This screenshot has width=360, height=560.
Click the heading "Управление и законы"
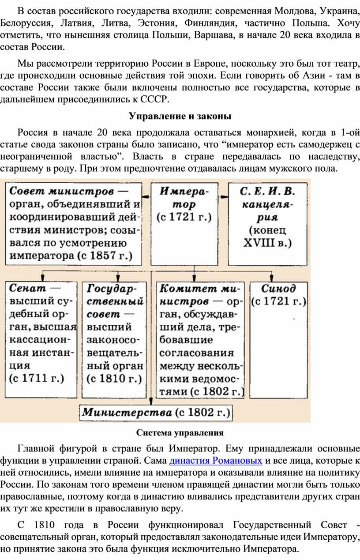click(180, 116)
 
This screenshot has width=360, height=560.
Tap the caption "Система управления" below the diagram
click(180, 433)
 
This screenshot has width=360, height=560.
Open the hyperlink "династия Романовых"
click(216, 461)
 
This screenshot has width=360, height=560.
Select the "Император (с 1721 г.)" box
click(184, 224)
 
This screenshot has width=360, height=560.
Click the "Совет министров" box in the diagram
click(74, 224)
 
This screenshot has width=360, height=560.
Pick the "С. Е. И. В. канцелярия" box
click(267, 224)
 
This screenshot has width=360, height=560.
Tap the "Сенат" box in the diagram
click(41, 340)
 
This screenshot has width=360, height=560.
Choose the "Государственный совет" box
click(114, 340)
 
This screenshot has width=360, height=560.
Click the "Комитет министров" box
click(200, 340)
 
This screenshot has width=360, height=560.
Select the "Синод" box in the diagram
click(278, 340)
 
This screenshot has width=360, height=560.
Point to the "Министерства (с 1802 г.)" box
click(156, 413)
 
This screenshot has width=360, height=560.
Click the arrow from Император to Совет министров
click(146, 196)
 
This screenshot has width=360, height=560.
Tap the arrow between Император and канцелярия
click(223, 196)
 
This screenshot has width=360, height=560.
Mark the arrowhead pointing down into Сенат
click(43, 278)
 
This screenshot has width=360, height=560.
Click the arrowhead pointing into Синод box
click(271, 278)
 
